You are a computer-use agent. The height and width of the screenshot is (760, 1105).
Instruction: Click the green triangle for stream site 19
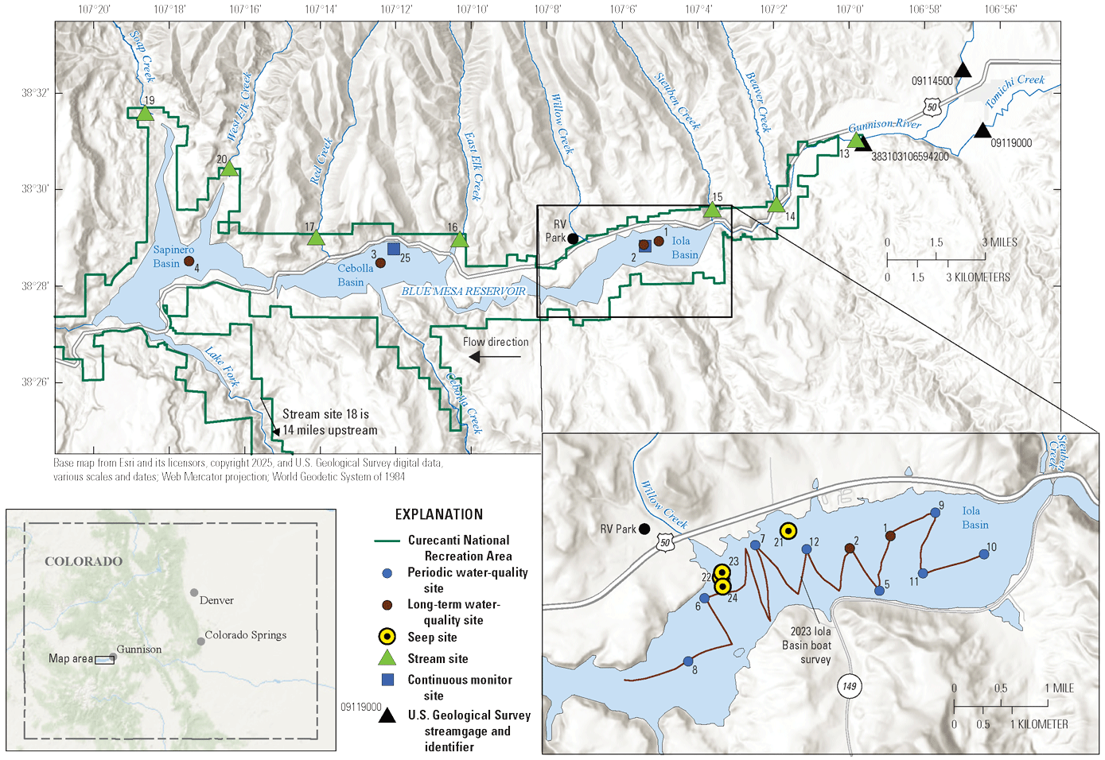tap(144, 114)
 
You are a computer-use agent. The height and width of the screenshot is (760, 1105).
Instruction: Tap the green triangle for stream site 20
tap(229, 169)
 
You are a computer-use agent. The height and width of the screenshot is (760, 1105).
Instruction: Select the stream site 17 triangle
tap(316, 238)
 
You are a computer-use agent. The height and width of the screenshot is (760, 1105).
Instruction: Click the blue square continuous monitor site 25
tap(393, 248)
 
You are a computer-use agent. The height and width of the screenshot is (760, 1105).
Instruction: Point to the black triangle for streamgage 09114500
tap(963, 70)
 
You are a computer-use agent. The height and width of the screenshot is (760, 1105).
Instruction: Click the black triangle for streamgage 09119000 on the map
tap(982, 130)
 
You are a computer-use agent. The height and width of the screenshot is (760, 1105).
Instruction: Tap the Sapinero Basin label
tap(173, 257)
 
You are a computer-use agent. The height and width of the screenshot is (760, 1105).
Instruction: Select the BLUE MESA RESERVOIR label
tap(463, 291)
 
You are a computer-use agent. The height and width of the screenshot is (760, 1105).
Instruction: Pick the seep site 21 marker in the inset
tap(788, 531)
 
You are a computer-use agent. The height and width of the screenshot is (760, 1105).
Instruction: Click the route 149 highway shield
tap(850, 686)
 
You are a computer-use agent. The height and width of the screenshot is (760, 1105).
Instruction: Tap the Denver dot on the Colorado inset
tap(194, 592)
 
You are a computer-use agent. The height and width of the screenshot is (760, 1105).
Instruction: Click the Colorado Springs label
tap(245, 635)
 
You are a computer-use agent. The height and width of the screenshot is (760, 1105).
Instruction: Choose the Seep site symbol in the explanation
tap(387, 636)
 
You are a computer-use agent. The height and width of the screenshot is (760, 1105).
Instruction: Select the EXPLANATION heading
tap(438, 514)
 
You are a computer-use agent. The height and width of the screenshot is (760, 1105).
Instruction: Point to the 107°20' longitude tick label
tap(94, 10)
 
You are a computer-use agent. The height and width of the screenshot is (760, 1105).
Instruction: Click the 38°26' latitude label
tap(35, 382)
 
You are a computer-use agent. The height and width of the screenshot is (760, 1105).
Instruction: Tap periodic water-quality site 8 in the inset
tap(688, 661)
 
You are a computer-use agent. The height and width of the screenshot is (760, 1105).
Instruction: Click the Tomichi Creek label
tap(1015, 91)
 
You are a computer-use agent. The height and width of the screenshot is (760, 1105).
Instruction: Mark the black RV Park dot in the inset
tap(644, 529)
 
